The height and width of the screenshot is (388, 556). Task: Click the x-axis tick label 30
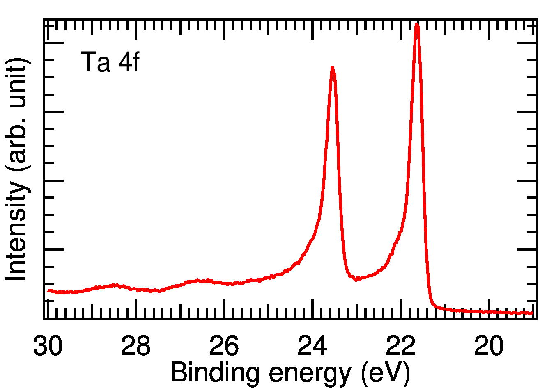coord(48,347)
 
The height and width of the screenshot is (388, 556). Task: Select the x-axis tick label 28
coord(136,347)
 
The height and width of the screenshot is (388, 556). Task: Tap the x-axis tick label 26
coord(224,347)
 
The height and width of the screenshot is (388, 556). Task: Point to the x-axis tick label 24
coord(312,347)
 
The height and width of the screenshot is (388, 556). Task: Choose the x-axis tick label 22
coord(400,347)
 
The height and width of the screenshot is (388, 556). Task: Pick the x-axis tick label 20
coord(489,347)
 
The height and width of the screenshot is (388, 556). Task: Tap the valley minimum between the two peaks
coord(356,279)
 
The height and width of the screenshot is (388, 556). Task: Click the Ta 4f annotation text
coord(110,62)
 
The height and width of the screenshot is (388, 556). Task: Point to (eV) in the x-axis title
coord(385,373)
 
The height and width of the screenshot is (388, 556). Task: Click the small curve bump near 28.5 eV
coord(115,285)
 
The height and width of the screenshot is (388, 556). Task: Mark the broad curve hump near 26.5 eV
coord(199,281)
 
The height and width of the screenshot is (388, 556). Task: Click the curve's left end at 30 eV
coord(48,291)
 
